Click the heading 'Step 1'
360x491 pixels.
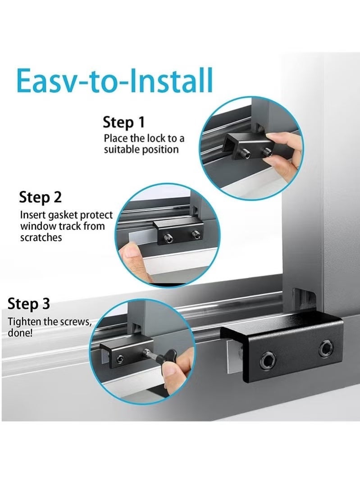(x=124, y=122)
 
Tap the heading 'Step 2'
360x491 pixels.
(x=40, y=197)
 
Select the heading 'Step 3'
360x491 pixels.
(x=28, y=304)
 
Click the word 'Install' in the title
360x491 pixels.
(x=171, y=80)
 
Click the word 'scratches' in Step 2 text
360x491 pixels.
(x=41, y=237)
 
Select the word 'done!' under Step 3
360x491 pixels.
(x=20, y=332)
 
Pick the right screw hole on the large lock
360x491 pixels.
(x=326, y=348)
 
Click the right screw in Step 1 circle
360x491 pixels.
(x=267, y=153)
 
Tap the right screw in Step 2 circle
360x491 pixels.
(x=196, y=234)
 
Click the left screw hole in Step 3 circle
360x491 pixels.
(x=120, y=359)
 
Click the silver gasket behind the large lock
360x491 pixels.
(x=234, y=356)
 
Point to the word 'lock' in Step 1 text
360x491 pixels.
(x=156, y=138)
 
